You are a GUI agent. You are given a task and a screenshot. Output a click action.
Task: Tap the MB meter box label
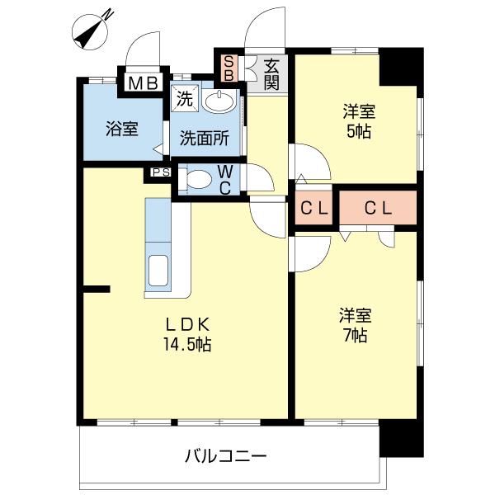[143, 82]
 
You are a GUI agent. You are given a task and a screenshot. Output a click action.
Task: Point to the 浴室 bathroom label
[121, 129]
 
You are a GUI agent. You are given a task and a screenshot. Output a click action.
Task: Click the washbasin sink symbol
[218, 101]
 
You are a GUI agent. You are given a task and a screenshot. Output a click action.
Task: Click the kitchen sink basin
[157, 271]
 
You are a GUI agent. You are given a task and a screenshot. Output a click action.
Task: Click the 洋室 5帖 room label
[357, 121]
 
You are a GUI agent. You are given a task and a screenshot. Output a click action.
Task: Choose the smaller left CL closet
[313, 209]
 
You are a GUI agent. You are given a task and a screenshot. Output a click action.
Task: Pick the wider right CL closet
[377, 209]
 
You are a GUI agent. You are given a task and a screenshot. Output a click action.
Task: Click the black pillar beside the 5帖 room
[401, 67]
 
